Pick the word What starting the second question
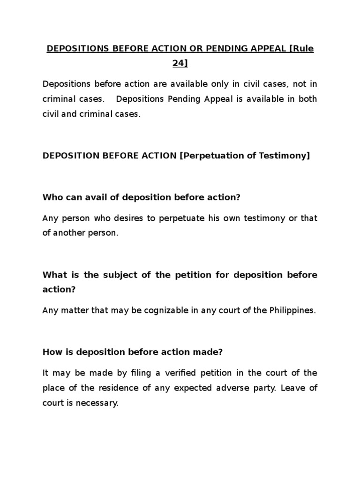[53, 275]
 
